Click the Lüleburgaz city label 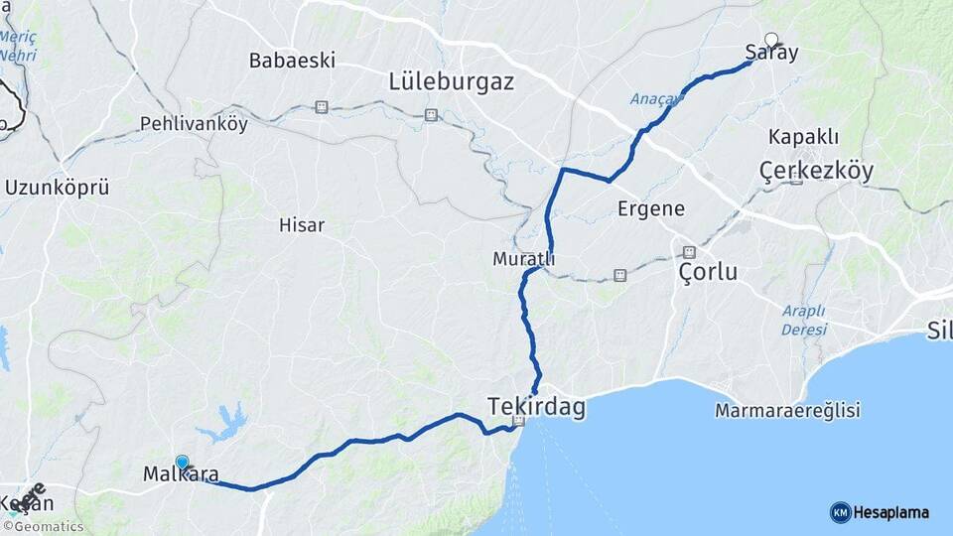click(452, 81)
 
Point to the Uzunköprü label click(57, 187)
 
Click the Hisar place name click(302, 225)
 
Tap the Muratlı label click(523, 259)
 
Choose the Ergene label click(651, 208)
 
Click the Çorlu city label click(708, 271)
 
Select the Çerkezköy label click(816, 171)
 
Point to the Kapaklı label click(804, 137)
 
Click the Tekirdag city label click(536, 406)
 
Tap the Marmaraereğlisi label click(787, 410)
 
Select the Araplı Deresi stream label click(803, 320)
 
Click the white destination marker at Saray click(771, 41)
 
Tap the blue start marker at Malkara click(183, 463)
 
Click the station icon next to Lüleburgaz click(431, 115)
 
